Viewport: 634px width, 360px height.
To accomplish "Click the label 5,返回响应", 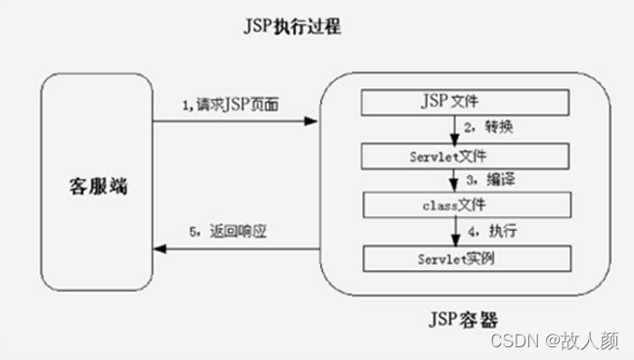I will pos(228,232).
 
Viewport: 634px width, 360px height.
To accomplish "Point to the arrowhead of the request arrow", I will pos(313,121).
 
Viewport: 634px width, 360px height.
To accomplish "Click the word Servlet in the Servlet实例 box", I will pos(429,258).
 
